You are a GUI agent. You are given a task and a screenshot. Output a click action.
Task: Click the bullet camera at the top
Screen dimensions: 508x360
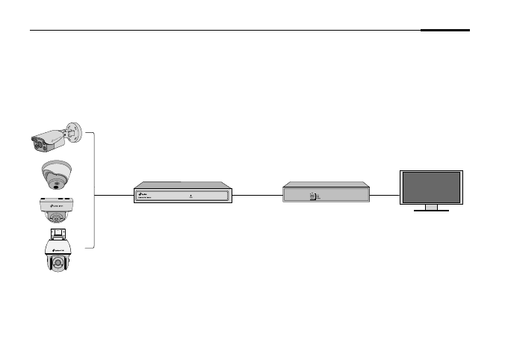51,137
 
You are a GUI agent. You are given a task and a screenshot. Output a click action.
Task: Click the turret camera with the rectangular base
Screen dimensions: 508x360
56,210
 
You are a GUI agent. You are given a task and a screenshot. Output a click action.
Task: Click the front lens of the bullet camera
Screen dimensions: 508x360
37,141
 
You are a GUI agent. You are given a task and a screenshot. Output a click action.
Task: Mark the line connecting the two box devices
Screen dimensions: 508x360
258,196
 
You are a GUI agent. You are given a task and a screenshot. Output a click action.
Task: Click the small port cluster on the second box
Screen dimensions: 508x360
314,196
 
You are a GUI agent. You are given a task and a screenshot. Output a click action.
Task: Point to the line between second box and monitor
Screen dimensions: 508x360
385,196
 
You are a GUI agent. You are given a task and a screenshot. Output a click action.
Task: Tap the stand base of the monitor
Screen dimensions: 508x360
431,209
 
